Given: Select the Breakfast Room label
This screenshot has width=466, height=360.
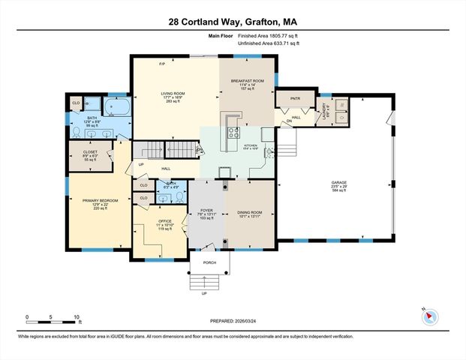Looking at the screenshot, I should pyautogui.click(x=247, y=81).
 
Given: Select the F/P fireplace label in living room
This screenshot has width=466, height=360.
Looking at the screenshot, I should pyautogui.click(x=161, y=64).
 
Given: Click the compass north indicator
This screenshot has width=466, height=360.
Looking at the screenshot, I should pyautogui.click(x=430, y=316).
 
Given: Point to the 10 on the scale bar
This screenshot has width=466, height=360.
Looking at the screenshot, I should pyautogui.click(x=77, y=318).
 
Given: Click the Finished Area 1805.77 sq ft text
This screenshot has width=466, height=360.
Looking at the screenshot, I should pyautogui.click(x=267, y=35).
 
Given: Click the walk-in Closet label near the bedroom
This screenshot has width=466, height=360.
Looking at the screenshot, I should pyautogui.click(x=89, y=153).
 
